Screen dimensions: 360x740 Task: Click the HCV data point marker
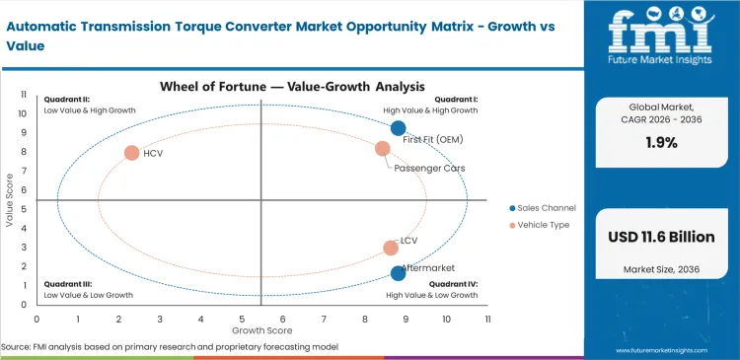click(x=131, y=153)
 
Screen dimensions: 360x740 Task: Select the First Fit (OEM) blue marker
click(x=398, y=128)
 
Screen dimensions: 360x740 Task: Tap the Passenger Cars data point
click(x=383, y=149)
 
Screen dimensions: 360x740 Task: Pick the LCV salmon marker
click(x=391, y=249)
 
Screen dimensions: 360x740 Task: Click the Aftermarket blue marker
click(x=398, y=273)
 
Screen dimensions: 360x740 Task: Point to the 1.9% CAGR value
click(x=661, y=142)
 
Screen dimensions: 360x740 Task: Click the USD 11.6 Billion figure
click(x=661, y=237)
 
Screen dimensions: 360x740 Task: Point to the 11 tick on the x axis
click(x=487, y=320)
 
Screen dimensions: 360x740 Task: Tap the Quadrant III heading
click(x=67, y=284)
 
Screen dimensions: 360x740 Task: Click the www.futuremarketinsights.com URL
click(x=672, y=350)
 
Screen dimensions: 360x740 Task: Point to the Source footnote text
click(x=170, y=347)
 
